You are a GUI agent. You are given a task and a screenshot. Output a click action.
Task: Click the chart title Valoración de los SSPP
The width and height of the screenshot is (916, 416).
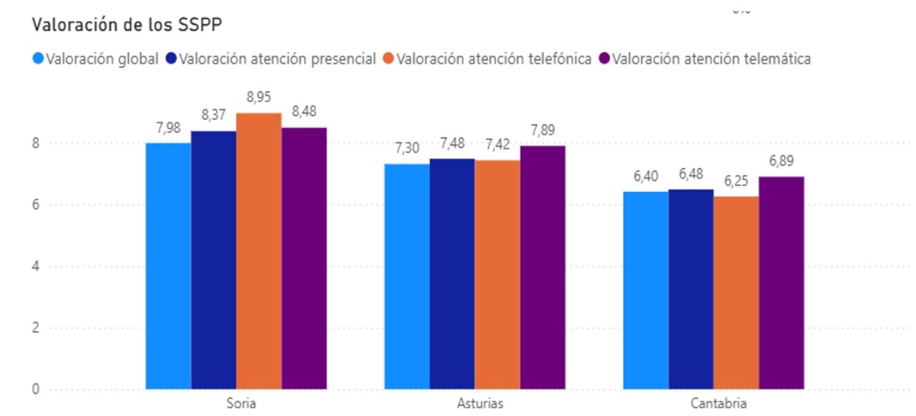(127, 25)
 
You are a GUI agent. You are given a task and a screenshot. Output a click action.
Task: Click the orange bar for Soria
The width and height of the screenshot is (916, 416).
(258, 251)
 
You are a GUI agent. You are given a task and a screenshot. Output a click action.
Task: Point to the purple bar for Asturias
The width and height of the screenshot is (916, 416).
(542, 267)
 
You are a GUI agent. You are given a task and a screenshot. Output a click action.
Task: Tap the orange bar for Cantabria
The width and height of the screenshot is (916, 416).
(736, 293)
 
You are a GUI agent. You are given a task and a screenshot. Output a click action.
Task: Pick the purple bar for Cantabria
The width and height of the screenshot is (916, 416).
(781, 283)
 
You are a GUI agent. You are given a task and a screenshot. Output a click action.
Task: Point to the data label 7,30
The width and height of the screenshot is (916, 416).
(406, 149)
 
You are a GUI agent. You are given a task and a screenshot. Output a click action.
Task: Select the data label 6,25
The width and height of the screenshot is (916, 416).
(736, 182)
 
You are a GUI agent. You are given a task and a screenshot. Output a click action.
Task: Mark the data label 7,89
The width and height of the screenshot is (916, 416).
(542, 130)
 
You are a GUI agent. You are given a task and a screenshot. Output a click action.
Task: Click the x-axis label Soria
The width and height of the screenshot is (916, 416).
(240, 403)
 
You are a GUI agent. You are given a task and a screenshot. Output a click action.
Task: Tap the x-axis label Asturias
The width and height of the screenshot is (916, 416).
(479, 403)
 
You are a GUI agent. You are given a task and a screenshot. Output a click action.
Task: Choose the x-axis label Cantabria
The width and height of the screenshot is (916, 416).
(718, 403)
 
